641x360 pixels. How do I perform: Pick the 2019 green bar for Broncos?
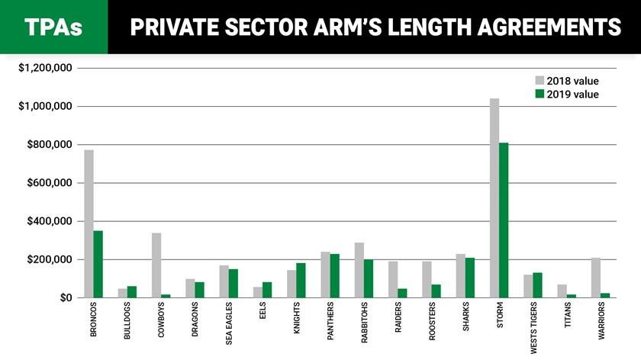[x=98, y=264]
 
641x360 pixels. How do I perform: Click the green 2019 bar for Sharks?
[x=470, y=278]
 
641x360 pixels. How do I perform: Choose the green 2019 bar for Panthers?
[x=335, y=275]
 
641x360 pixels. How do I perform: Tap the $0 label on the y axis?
[x=65, y=297]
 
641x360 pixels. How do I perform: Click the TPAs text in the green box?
[x=53, y=27]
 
